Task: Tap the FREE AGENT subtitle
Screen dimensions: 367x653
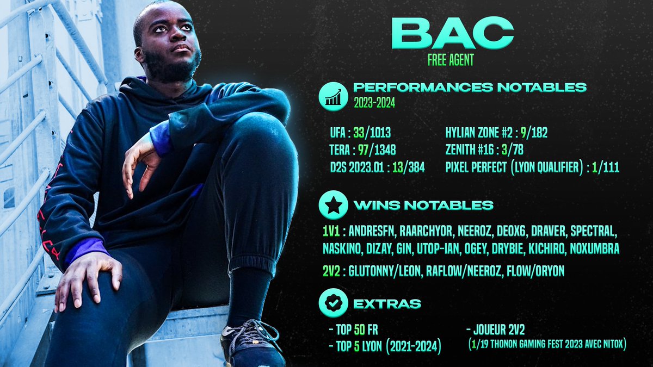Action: tap(451, 60)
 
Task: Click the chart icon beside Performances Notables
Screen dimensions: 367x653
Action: tap(332, 97)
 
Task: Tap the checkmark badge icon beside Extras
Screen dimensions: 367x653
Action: tap(332, 303)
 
